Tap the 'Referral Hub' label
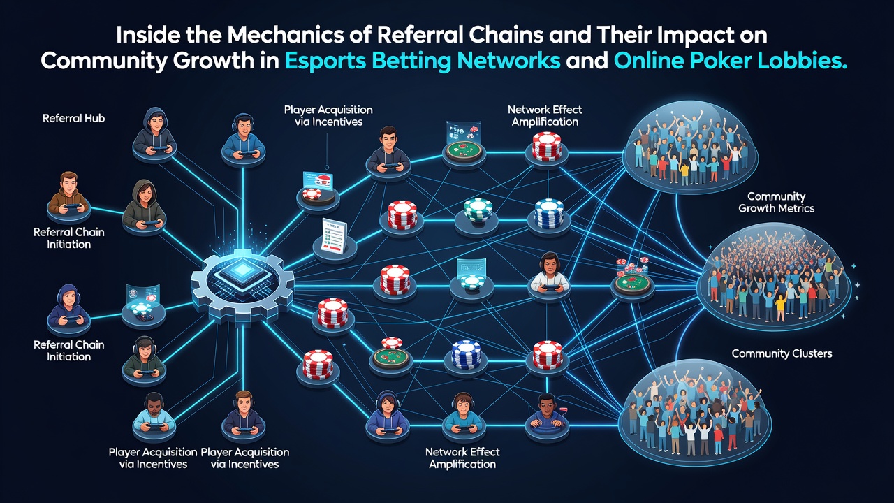point(74,118)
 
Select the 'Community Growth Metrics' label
point(776,203)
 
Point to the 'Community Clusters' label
point(782,353)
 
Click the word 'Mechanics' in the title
point(286,35)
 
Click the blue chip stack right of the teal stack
point(549,213)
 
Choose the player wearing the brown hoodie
point(68,194)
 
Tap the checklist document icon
point(333,235)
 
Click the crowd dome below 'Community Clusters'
point(694,413)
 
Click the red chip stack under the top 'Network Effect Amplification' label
point(547,147)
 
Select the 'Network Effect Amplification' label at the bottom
point(462,458)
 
